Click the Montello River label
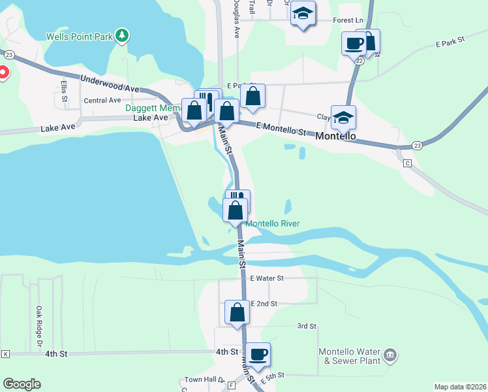click(272, 223)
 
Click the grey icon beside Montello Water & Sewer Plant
click(390, 355)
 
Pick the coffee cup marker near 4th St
click(258, 354)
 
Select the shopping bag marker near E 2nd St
click(237, 312)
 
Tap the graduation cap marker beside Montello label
click(343, 118)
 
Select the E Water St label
click(267, 278)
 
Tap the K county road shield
click(6, 353)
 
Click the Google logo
click(22, 384)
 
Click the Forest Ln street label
click(347, 20)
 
